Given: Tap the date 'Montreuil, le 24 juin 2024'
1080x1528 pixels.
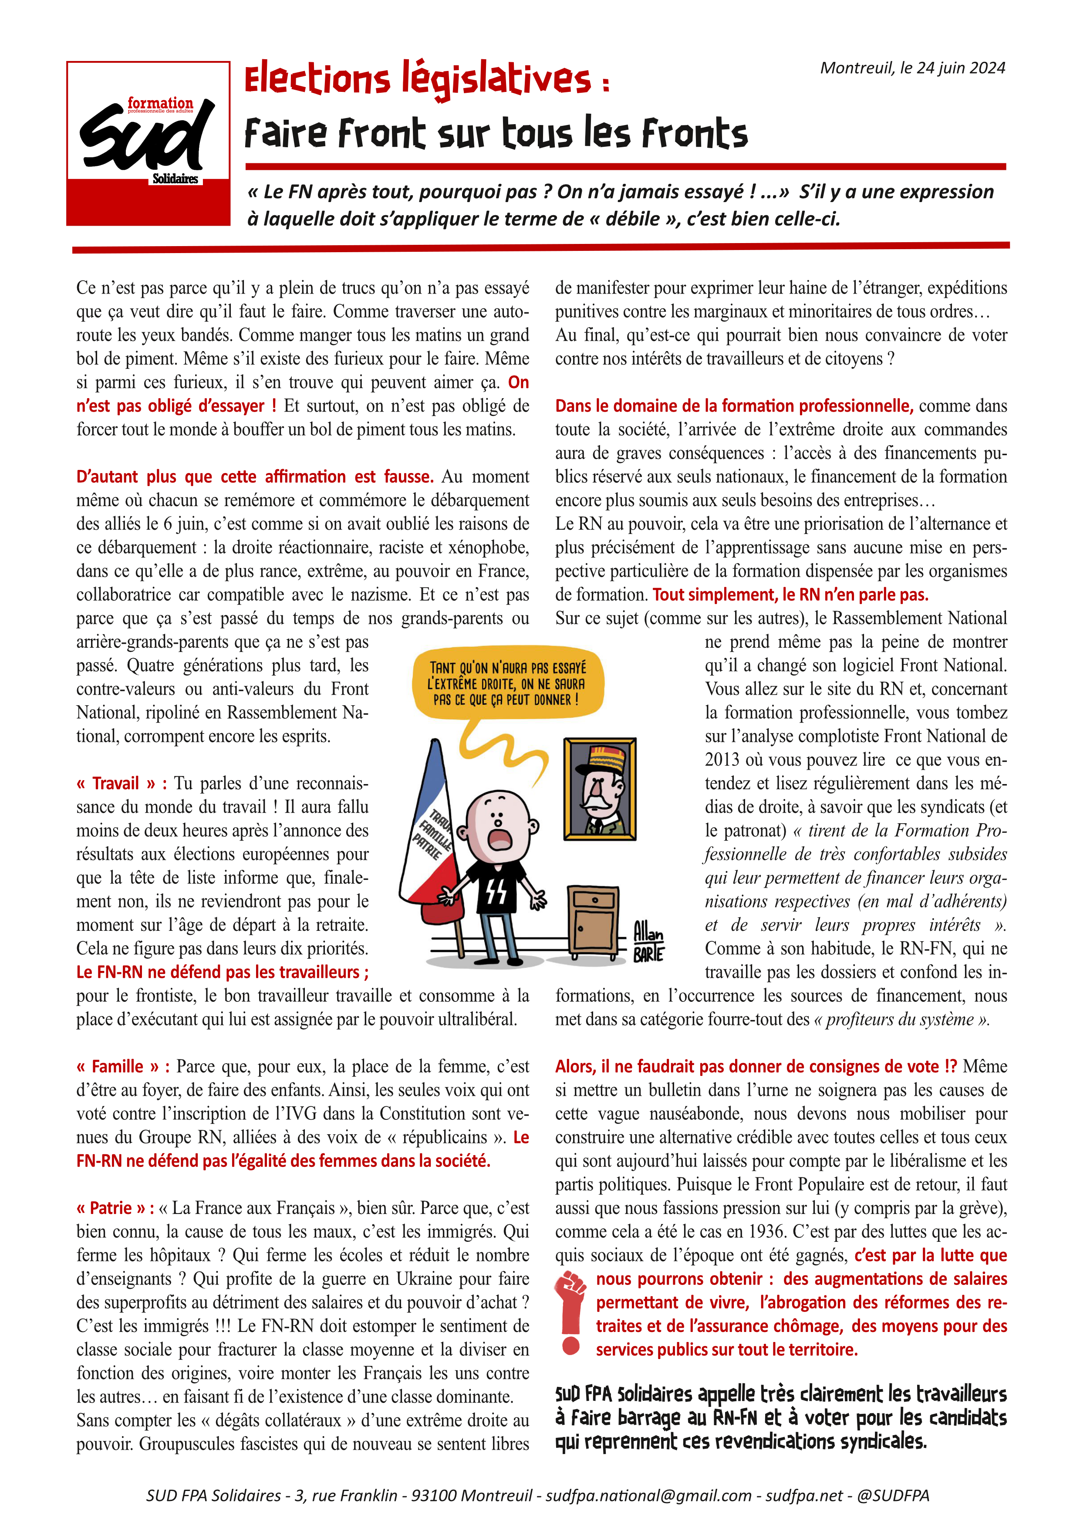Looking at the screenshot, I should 912,68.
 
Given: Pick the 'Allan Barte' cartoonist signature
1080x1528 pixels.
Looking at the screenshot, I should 648,940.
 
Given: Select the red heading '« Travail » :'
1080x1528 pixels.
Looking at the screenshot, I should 122,783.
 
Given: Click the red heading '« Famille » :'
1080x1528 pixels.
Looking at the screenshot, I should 123,1066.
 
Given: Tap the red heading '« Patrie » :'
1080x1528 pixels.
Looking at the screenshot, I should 115,1208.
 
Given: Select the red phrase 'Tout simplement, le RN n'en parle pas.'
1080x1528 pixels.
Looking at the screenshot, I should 790,594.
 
